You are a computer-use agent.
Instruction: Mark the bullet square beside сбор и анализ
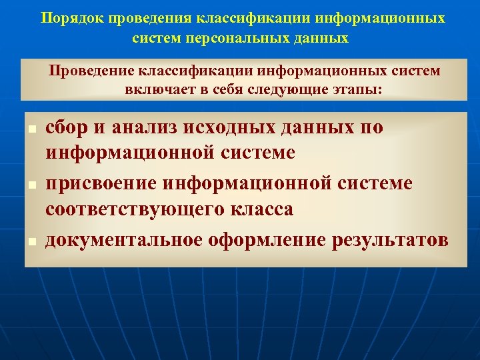click(31, 128)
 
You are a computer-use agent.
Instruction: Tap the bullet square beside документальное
click(31, 239)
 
